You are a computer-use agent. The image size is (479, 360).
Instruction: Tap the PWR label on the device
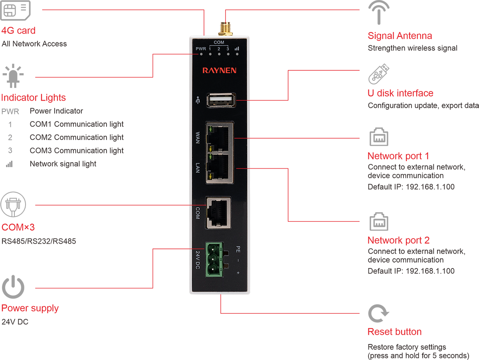point(200,49)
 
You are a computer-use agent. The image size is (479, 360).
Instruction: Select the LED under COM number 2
point(219,54)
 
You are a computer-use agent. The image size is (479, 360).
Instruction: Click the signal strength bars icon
point(237,49)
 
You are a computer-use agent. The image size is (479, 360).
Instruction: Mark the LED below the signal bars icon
point(237,54)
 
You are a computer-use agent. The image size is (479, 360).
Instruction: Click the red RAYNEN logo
point(219,70)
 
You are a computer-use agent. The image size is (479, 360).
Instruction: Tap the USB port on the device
point(221,100)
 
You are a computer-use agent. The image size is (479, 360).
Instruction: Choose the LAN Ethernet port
point(220,168)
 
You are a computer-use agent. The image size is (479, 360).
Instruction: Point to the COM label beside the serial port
point(198,212)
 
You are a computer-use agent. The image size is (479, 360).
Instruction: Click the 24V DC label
point(198,260)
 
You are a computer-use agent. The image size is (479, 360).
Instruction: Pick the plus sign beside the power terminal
point(238,273)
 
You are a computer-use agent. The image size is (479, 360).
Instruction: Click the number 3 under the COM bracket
point(228,49)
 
